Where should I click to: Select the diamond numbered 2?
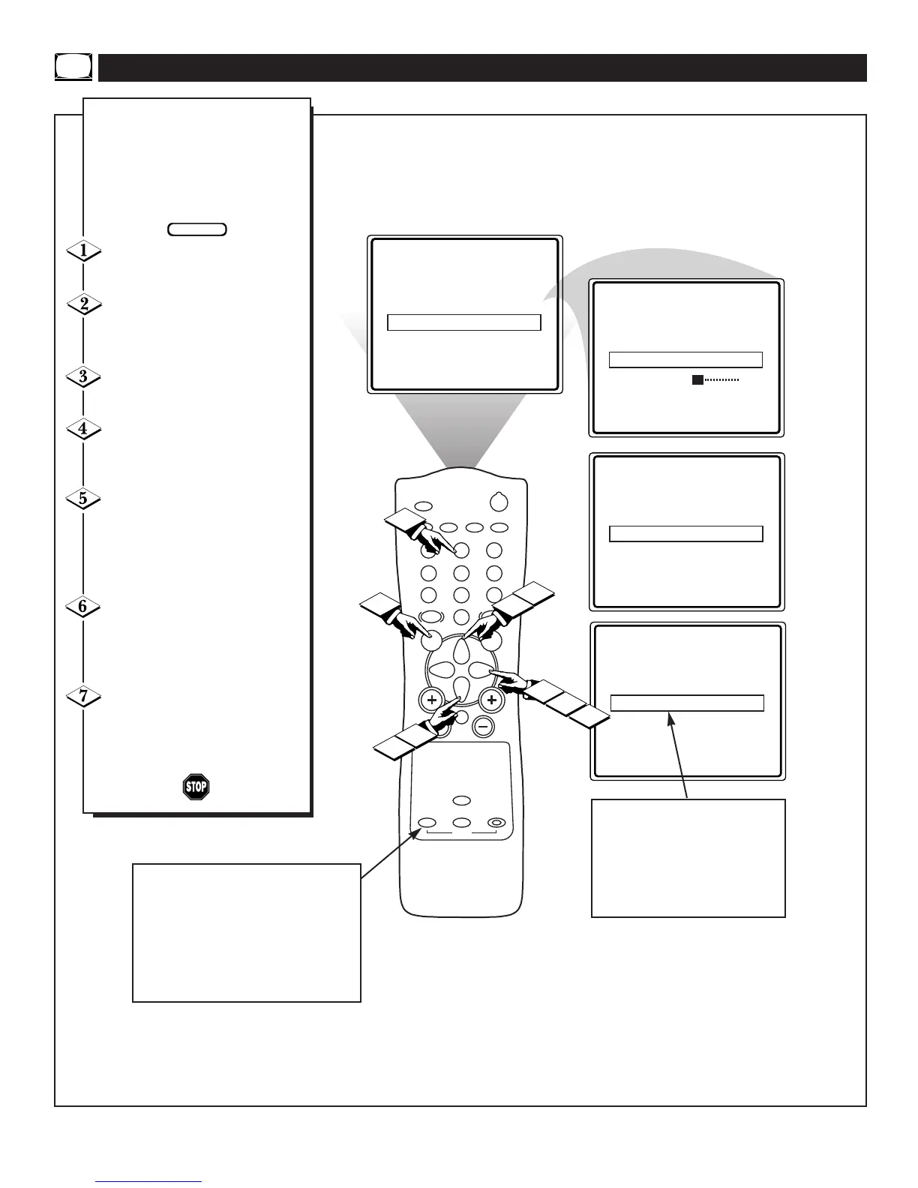83,304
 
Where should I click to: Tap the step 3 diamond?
83,376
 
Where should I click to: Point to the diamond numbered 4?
83,429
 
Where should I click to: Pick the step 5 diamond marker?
83,498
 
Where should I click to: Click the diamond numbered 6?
83,606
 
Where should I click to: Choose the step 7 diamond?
83,696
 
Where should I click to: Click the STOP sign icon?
196,786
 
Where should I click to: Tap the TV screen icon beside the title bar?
73,67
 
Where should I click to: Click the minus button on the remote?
484,726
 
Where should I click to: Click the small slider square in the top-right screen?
697,380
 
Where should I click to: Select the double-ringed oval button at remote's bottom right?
496,822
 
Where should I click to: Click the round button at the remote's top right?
498,502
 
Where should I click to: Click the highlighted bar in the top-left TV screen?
463,322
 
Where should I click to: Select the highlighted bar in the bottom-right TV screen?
687,703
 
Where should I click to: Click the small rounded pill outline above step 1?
197,229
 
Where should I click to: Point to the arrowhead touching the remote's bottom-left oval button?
415,834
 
